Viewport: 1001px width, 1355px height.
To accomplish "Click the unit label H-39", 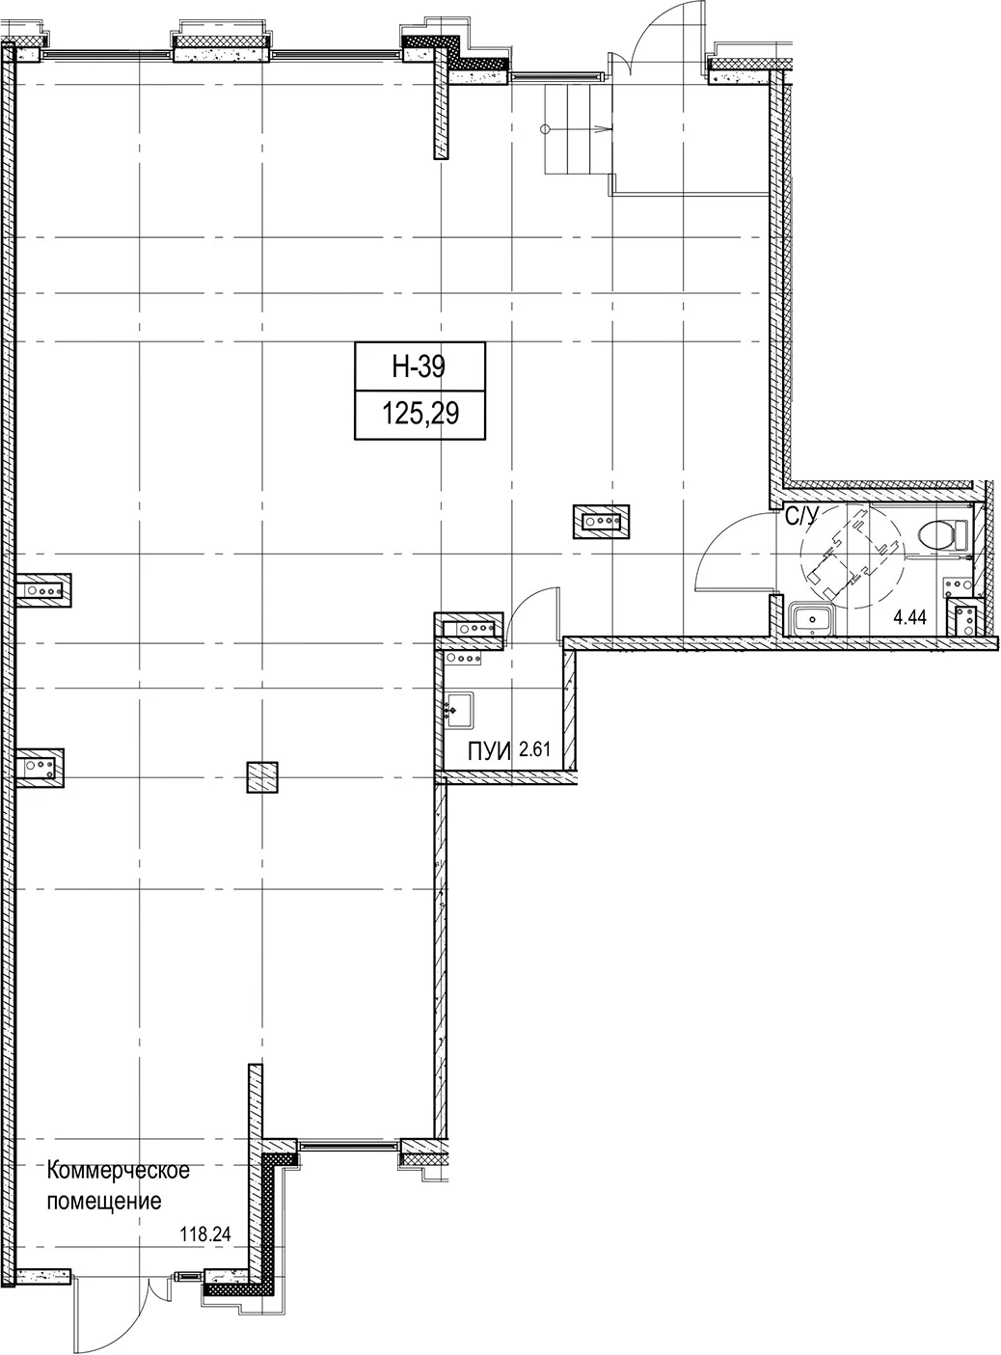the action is [x=419, y=366].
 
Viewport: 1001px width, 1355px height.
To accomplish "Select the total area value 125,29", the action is [x=419, y=414].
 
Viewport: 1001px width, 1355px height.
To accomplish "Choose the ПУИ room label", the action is [x=489, y=752].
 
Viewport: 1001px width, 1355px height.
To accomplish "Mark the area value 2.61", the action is [x=534, y=749].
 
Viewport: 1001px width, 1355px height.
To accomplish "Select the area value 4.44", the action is [x=910, y=617].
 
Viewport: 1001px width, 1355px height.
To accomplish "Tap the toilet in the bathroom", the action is [x=943, y=534].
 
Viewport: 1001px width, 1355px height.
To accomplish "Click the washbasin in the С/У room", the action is [x=810, y=619].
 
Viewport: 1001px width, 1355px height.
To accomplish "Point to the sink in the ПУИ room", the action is [x=460, y=709].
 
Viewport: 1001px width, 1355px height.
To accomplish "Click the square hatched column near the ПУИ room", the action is [x=262, y=777].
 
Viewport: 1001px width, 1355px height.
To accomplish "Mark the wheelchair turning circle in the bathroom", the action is [x=853, y=556].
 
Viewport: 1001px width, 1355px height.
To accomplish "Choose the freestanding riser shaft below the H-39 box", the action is [x=602, y=522].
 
